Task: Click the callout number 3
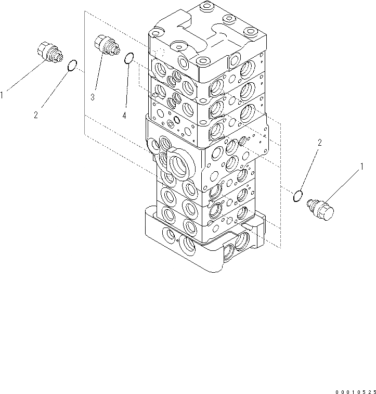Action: click(x=92, y=97)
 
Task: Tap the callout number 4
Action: click(x=124, y=116)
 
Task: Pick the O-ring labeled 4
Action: click(x=130, y=58)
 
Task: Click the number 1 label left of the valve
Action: click(x=3, y=95)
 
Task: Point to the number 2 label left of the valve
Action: click(x=35, y=115)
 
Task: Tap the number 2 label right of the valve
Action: click(x=320, y=142)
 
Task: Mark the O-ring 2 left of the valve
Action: click(x=73, y=65)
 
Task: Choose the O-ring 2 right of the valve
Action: click(x=298, y=196)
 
